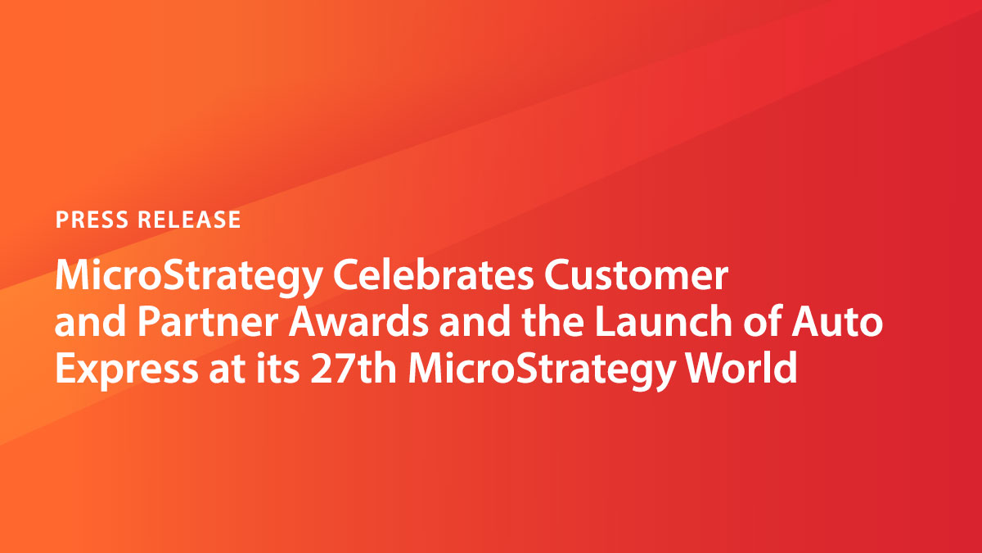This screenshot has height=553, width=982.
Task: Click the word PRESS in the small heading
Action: [91, 220]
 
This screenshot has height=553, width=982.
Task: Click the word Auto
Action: [844, 324]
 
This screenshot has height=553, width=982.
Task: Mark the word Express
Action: [123, 369]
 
